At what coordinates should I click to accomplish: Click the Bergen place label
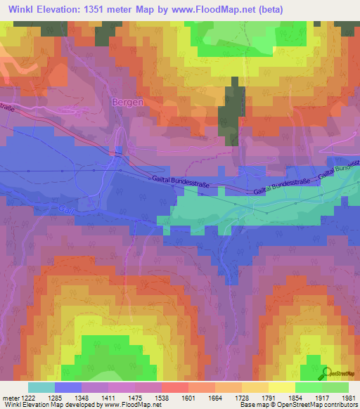point(128,102)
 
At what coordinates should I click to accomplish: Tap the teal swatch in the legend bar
point(41,387)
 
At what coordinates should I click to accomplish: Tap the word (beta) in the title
point(269,9)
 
